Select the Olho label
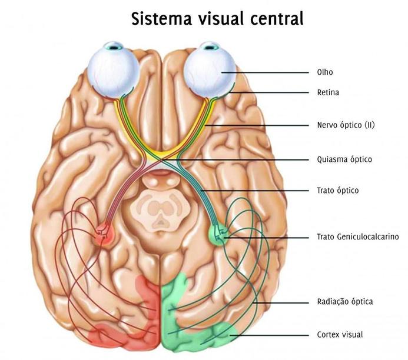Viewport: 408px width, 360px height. point(324,72)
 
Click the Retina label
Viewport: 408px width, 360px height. point(328,92)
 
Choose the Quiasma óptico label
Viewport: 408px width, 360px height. point(344,159)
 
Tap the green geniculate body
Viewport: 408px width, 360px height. point(219,234)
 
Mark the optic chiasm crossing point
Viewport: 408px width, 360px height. point(162,159)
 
